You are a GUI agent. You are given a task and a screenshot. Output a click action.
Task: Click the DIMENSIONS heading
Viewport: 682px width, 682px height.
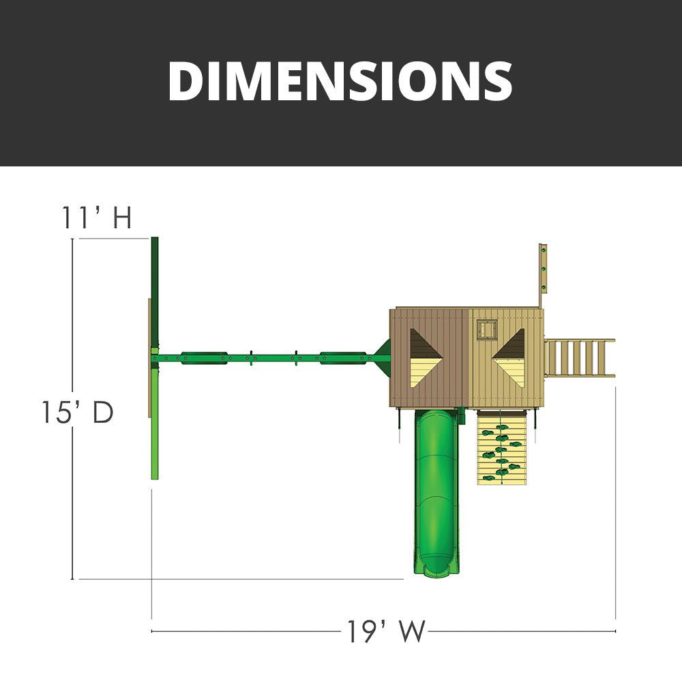tap(340, 81)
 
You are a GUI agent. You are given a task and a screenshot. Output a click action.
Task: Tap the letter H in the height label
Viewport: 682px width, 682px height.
tap(122, 217)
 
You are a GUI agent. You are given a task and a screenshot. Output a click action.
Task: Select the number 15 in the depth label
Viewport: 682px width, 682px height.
tap(56, 412)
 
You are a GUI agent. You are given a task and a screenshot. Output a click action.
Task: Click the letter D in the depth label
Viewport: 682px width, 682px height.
tap(103, 412)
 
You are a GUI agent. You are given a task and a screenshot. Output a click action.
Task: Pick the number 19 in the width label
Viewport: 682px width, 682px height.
tap(362, 631)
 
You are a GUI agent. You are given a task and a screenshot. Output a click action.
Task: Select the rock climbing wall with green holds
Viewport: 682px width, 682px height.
tap(502, 447)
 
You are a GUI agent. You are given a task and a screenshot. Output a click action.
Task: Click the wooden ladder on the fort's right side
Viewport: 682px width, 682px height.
tap(579, 358)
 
